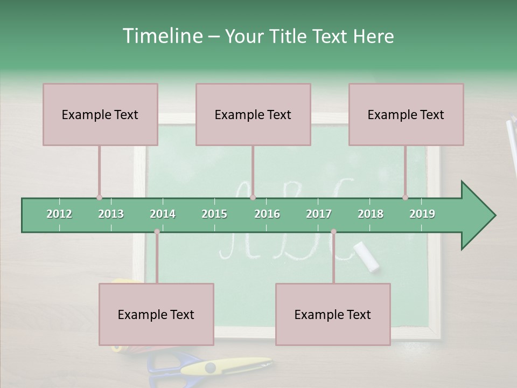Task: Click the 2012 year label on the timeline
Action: click(59, 214)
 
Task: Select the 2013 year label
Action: click(111, 214)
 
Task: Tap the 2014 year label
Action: click(163, 214)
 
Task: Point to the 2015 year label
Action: click(214, 214)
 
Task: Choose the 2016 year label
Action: click(267, 214)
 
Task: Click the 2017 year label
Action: click(319, 214)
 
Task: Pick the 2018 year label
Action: click(371, 214)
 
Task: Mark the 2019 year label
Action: click(422, 214)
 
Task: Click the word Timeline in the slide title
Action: click(162, 36)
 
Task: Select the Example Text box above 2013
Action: click(100, 114)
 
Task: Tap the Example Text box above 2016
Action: click(253, 114)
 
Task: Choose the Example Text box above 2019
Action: click(406, 114)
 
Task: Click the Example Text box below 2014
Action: click(156, 314)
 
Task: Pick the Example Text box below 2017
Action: click(333, 314)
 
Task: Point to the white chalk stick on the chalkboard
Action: click(366, 255)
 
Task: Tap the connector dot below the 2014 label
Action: click(157, 231)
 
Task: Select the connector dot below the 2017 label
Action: click(333, 231)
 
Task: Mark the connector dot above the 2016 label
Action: click(253, 197)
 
